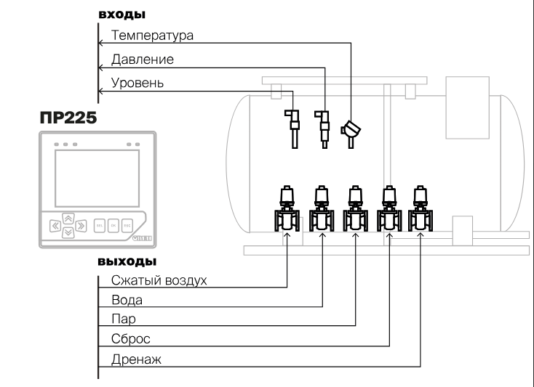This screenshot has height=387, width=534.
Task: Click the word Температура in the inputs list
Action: click(x=151, y=35)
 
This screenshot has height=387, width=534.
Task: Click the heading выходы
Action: click(x=127, y=261)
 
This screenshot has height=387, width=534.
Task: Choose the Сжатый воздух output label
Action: click(x=160, y=280)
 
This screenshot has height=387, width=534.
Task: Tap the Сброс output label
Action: click(x=129, y=338)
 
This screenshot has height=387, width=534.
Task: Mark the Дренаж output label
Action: click(x=135, y=358)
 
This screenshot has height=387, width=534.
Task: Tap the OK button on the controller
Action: click(x=113, y=225)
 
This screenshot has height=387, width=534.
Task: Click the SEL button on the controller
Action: click(x=100, y=225)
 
